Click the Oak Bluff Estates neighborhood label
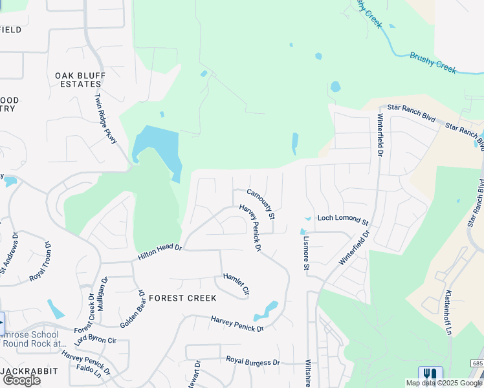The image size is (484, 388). [x=81, y=80]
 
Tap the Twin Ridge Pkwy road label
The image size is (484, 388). [x=105, y=119]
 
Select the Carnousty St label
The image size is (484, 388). [x=261, y=203]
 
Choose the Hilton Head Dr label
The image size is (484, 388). [x=160, y=252]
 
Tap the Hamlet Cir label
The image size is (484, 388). [x=236, y=285]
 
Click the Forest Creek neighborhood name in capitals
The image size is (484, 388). [x=182, y=298]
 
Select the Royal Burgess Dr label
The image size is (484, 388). [x=252, y=360]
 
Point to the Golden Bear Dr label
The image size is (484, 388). [x=132, y=308]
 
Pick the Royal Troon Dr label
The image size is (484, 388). [x=40, y=262]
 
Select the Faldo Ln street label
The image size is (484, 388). [x=89, y=374]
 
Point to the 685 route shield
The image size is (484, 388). [x=478, y=364]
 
